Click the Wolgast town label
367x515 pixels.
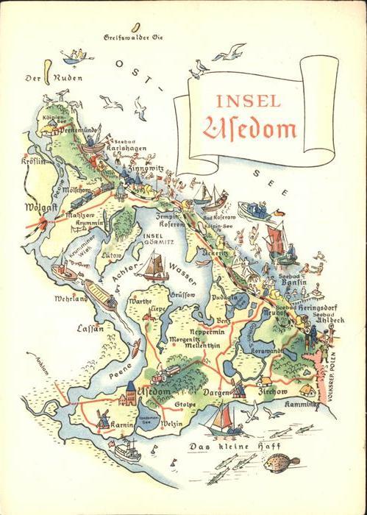tap(41, 208)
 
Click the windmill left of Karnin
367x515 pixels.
tap(103, 418)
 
